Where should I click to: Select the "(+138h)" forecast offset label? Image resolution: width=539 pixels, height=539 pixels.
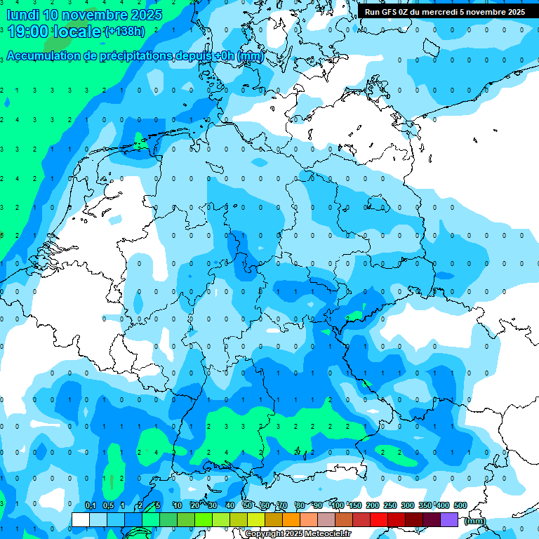[x=124, y=32]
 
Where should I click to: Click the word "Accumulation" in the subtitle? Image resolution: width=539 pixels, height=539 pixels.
[x=44, y=56]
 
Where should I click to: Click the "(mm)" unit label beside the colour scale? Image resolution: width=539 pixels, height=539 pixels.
[x=475, y=521]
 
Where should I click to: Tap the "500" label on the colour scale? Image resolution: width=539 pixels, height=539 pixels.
[x=460, y=505]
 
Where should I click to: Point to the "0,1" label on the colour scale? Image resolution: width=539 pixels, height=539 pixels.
[x=91, y=505]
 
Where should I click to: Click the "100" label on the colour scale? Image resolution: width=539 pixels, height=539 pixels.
[x=338, y=505]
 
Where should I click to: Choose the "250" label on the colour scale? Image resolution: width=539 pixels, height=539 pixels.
[x=390, y=505]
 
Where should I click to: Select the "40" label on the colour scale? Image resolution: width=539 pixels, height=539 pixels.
[x=230, y=505]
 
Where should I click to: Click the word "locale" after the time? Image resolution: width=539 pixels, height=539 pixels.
[x=78, y=32]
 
